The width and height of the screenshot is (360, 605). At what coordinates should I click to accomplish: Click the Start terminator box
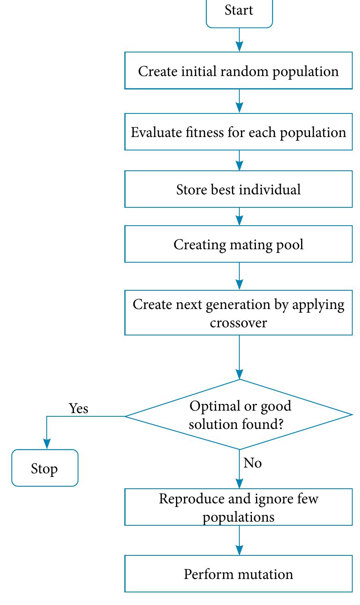tap(239, 12)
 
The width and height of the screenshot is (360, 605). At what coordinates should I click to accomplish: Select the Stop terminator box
tap(45, 468)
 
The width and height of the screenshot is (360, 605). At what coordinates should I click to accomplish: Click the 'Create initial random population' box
tap(239, 71)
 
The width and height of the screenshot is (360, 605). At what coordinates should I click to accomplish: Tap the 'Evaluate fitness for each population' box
tap(239, 132)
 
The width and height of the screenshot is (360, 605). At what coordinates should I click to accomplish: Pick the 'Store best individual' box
tap(239, 189)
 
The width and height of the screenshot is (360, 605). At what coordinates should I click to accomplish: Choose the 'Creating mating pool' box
tap(239, 244)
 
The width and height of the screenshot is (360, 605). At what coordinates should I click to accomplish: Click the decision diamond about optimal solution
tap(239, 415)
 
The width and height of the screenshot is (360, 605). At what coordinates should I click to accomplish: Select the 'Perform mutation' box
tap(239, 574)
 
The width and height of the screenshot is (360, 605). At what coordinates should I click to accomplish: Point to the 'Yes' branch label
tap(78, 408)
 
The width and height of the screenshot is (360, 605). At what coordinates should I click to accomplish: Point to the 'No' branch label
tap(252, 463)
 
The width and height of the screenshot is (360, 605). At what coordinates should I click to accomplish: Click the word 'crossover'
tap(239, 323)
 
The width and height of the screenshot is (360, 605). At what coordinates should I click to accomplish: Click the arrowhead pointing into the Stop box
tap(47, 444)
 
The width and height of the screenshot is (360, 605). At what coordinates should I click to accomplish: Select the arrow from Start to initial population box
tap(239, 40)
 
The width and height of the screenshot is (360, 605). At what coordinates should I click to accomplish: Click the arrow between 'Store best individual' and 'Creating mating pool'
tap(239, 217)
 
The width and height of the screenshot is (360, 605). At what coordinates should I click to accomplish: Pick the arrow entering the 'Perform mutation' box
tap(239, 540)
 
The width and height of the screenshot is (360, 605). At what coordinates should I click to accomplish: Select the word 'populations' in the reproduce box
tap(239, 517)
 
